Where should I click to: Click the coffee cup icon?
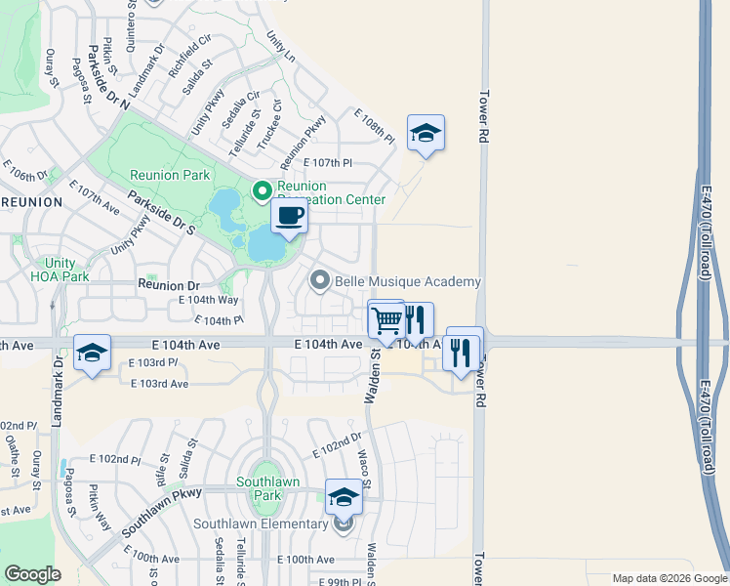click(x=289, y=216)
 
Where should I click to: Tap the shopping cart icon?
click(x=386, y=318)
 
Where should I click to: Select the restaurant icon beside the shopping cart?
click(x=417, y=318)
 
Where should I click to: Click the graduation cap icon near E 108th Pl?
click(x=426, y=133)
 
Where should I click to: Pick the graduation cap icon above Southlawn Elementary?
click(x=344, y=498)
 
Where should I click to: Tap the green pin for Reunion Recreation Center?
click(x=261, y=191)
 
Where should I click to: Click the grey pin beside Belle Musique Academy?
click(x=320, y=281)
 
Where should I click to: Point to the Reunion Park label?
click(x=170, y=176)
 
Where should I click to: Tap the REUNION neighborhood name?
click(x=31, y=202)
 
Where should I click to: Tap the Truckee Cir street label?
click(x=276, y=125)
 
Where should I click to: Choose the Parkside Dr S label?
click(x=162, y=206)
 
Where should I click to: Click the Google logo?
click(x=34, y=574)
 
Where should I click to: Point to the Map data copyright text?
click(x=668, y=578)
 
